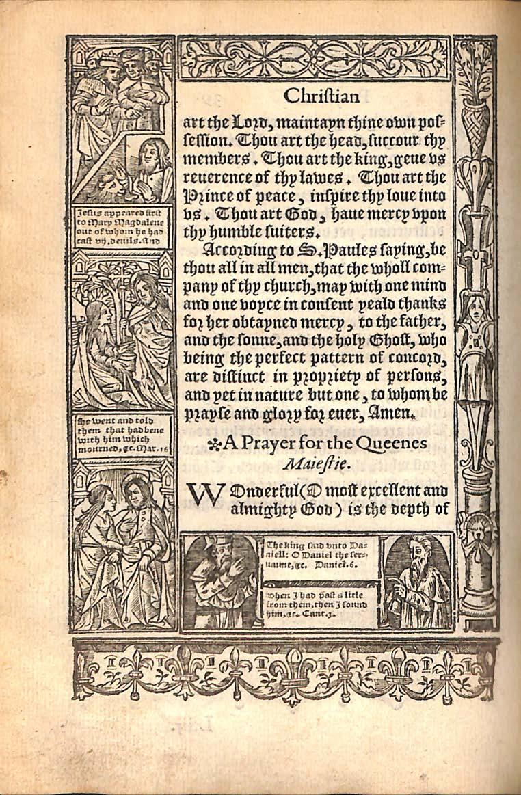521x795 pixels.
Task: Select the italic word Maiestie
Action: (x=315, y=466)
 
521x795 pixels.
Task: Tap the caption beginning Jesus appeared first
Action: (x=122, y=228)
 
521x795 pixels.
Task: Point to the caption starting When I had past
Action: (x=320, y=605)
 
